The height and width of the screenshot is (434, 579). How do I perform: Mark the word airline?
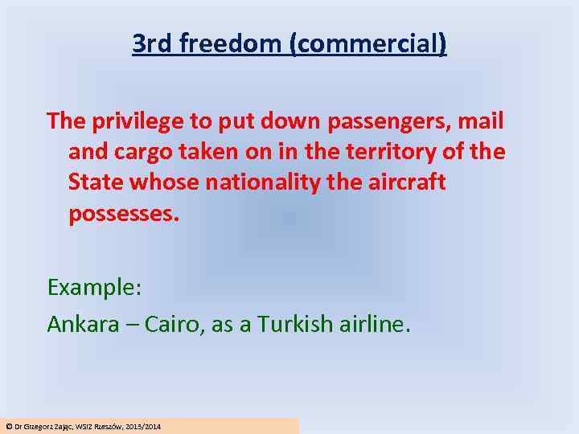click(375, 324)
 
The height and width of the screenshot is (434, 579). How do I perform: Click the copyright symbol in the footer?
click(8, 426)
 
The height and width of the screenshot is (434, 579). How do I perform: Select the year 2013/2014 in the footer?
click(143, 426)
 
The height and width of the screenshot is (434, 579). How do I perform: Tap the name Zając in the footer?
click(62, 426)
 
